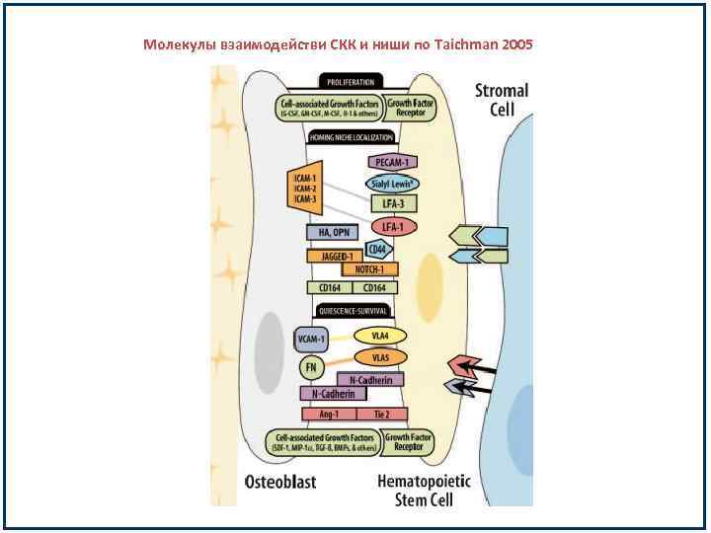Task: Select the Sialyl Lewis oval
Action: [393, 184]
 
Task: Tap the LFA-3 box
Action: [394, 204]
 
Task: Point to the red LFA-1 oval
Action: [394, 227]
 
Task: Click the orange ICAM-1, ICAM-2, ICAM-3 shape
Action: [304, 188]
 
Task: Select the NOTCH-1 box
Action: [369, 268]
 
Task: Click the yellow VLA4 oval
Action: [381, 336]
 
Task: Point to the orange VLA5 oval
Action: [380, 356]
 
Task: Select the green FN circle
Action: [310, 368]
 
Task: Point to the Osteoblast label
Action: [280, 484]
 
